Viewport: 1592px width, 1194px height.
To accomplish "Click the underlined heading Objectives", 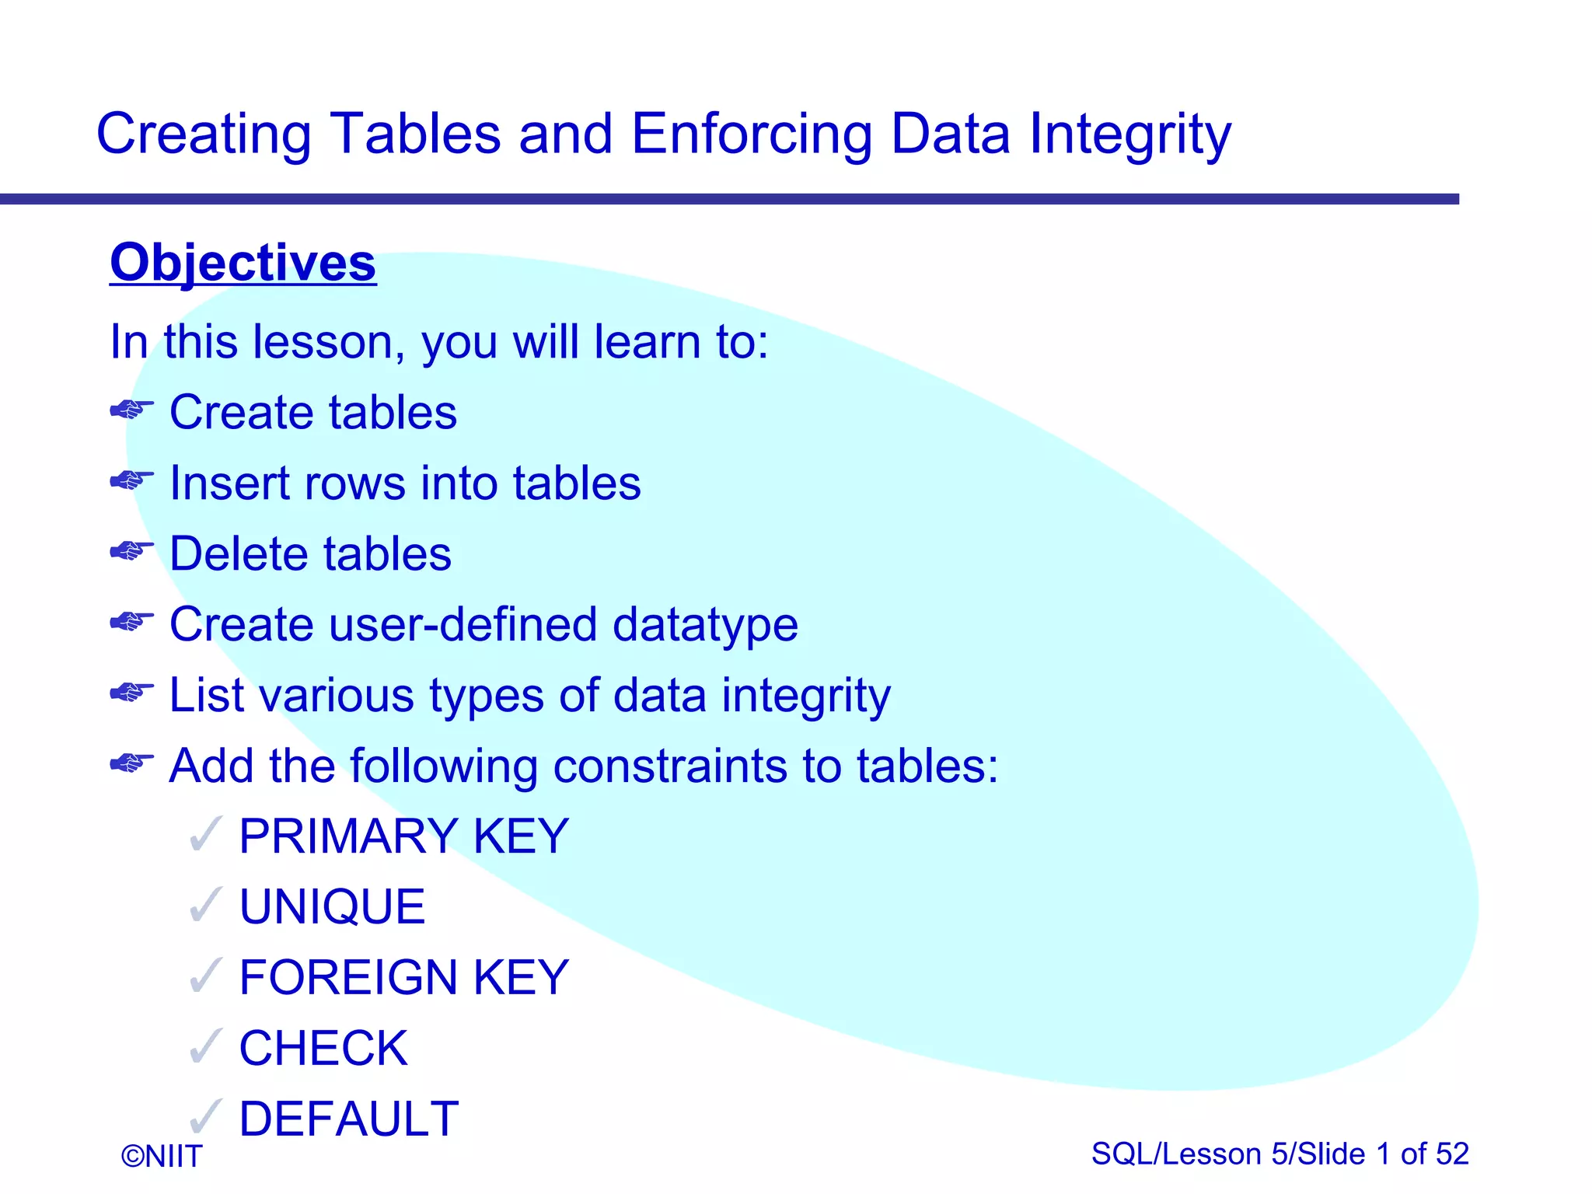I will point(243,263).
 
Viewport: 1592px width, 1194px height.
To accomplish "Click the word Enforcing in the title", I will point(751,134).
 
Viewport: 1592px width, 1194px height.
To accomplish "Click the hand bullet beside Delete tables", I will point(131,552).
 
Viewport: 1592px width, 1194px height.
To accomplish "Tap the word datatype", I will point(704,626).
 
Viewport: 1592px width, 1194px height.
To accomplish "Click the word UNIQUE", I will point(332,907).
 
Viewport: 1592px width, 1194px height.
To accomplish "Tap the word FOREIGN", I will point(348,978).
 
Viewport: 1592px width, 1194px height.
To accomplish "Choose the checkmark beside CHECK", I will point(207,1047).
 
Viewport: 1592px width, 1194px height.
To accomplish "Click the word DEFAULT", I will point(348,1119).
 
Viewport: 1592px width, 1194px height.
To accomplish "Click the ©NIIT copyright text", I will point(162,1157).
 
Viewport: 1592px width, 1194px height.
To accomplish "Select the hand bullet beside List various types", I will point(131,693).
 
